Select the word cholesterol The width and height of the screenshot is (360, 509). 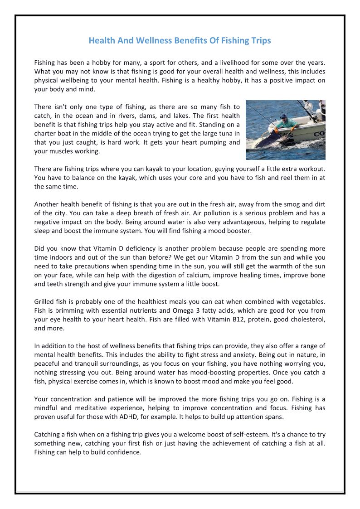308,319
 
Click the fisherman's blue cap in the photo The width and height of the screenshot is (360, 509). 283,116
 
